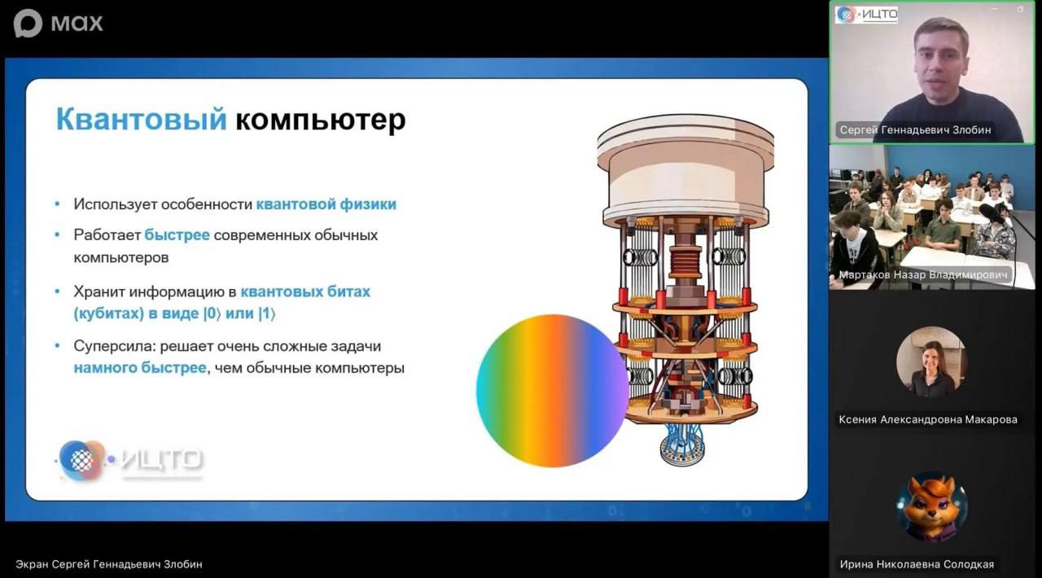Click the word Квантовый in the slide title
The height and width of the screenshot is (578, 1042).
(141, 120)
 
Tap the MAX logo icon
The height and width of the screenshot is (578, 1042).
(28, 23)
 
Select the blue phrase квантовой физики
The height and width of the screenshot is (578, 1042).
(326, 204)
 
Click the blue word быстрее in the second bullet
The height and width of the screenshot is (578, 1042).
(177, 235)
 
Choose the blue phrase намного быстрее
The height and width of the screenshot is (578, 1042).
(140, 368)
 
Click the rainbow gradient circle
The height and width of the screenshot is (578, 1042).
(553, 391)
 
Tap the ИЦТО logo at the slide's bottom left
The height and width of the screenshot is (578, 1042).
(130, 460)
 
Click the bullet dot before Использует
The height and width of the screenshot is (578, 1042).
(57, 204)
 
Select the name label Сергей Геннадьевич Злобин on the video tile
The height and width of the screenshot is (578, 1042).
(915, 129)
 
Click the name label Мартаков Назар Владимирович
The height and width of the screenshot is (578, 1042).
(923, 275)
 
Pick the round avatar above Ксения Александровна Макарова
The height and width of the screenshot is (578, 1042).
(931, 362)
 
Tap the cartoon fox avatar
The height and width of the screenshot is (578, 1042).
(932, 507)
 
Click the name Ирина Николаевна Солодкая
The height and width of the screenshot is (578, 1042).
(917, 564)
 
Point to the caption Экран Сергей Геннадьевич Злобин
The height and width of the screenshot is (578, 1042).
(109, 564)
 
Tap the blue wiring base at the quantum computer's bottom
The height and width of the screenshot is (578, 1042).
(682, 444)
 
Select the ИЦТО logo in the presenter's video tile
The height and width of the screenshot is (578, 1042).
(867, 15)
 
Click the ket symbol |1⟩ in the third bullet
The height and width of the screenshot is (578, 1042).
(266, 313)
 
